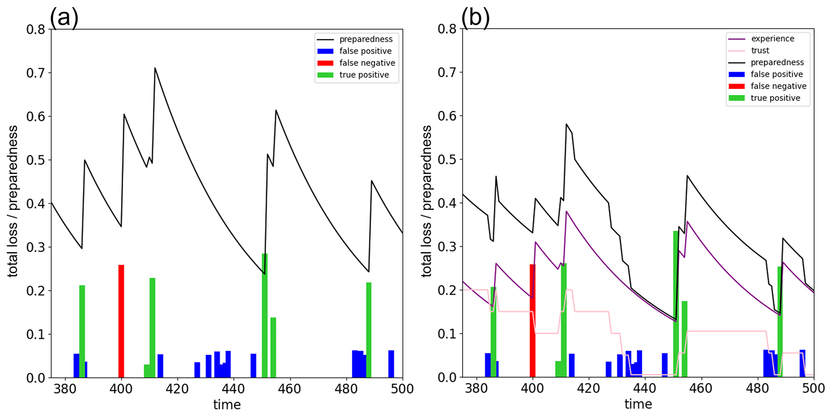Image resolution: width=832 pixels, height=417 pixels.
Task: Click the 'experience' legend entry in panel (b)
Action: click(x=772, y=39)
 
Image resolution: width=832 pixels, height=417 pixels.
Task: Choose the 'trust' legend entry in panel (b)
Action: click(x=760, y=51)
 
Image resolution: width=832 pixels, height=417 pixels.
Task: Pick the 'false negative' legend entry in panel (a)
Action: click(x=367, y=63)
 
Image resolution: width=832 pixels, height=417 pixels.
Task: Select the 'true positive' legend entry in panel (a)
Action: click(x=364, y=75)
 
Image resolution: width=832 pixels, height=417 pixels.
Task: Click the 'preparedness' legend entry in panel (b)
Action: click(x=777, y=62)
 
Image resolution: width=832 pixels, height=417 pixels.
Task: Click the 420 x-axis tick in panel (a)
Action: click(x=178, y=389)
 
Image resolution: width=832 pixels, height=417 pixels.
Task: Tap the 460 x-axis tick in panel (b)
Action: click(x=701, y=388)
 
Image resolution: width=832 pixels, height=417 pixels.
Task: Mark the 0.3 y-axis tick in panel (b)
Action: click(x=447, y=247)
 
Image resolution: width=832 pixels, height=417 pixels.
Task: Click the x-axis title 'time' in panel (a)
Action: click(x=227, y=405)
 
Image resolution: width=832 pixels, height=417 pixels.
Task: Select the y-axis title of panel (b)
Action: click(x=426, y=201)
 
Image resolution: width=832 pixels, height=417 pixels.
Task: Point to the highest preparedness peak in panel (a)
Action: click(x=155, y=68)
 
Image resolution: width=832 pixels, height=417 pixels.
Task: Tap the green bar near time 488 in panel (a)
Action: click(x=369, y=330)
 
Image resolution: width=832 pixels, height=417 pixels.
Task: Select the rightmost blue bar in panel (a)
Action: click(x=391, y=364)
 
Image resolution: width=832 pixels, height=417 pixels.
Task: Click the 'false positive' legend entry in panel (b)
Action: click(x=776, y=74)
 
